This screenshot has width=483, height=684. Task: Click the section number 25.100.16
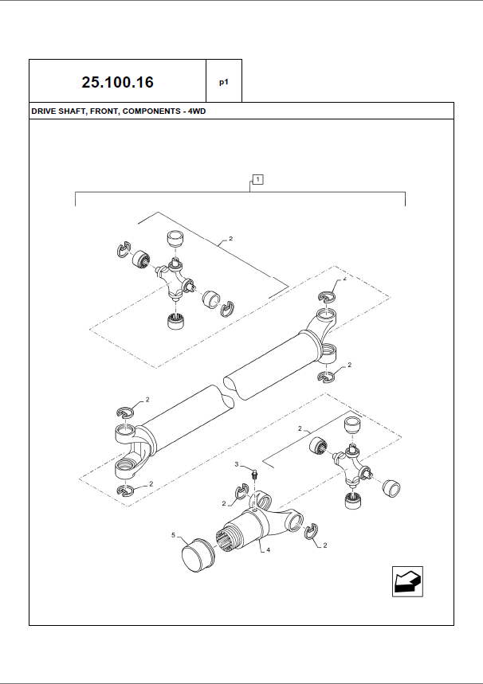(117, 82)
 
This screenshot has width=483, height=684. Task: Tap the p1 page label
(224, 82)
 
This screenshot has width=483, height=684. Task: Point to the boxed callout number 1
(257, 179)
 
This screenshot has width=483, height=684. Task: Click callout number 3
(237, 463)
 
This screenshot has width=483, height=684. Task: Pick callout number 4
(268, 549)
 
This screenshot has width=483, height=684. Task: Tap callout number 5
(174, 535)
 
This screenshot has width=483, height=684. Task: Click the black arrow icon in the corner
(407, 581)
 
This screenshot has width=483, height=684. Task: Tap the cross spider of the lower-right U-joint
(351, 463)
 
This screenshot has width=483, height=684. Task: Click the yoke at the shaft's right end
(321, 326)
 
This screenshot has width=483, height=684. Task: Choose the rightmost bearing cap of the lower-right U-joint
(390, 487)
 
